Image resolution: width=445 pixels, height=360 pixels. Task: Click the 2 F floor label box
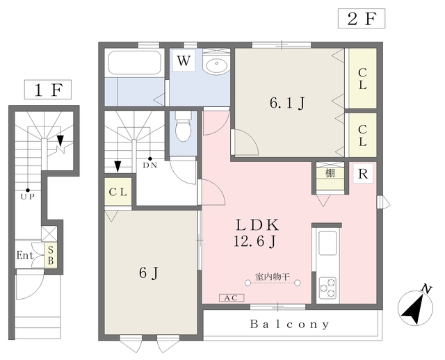362,19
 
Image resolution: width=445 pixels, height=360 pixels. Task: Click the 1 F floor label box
48,90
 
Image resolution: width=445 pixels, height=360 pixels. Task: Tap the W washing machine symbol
184,60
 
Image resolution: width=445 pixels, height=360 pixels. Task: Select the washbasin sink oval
216,65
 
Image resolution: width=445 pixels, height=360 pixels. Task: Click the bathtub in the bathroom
135,63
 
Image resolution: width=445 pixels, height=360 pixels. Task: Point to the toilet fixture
184,126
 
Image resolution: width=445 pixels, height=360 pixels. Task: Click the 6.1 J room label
287,103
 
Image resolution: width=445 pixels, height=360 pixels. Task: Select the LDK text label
258,225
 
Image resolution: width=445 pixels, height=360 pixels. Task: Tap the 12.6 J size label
255,242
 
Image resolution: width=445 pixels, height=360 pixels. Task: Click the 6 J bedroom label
149,273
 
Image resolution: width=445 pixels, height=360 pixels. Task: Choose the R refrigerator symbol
363,173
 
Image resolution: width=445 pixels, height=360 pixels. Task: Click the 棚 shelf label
330,173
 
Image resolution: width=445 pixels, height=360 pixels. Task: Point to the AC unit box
232,298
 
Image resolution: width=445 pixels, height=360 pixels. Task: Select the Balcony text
290,325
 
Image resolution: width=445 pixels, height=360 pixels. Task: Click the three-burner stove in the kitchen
327,288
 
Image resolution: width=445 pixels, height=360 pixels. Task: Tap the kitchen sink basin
327,243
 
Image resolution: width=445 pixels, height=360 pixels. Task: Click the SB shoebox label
51,255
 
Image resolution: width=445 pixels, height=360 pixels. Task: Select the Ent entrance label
25,255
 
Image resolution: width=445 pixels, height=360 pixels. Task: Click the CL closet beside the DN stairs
118,192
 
